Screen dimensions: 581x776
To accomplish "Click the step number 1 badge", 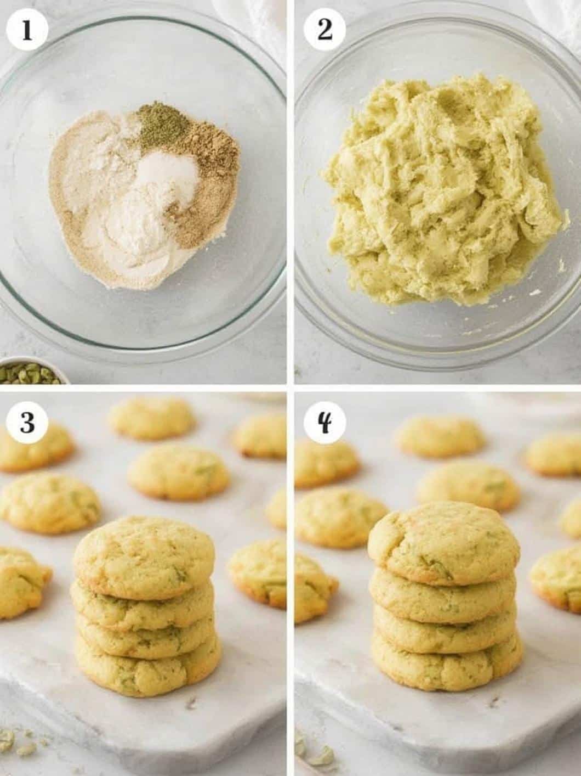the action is click(27, 31).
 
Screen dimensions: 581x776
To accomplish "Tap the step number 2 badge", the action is click(324, 31).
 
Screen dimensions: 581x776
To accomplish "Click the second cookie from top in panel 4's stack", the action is click(443, 594).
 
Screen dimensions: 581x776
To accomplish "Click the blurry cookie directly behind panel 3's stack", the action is click(178, 472).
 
